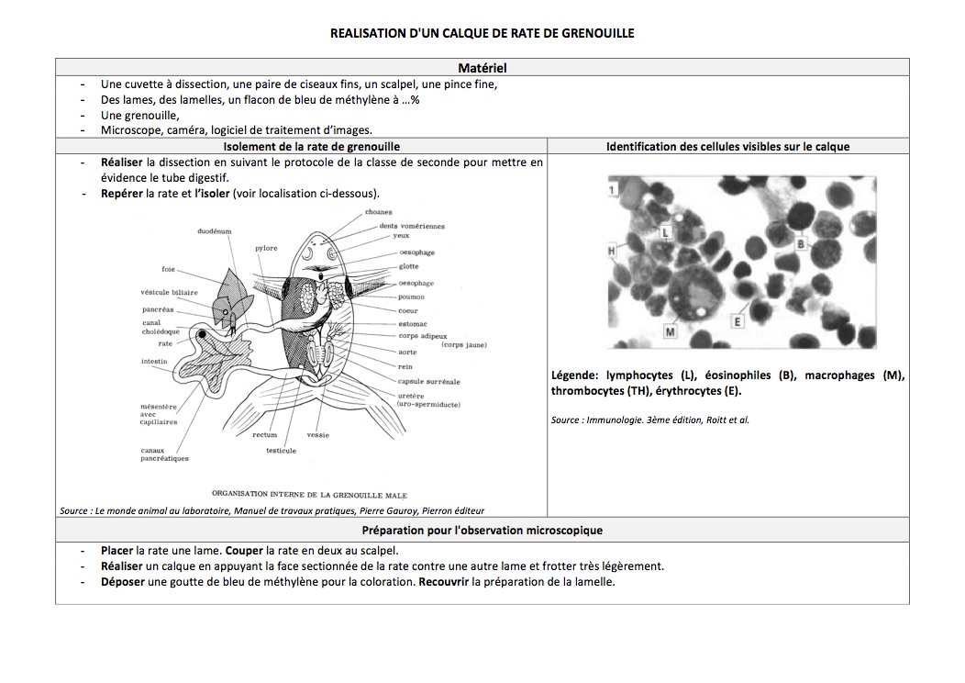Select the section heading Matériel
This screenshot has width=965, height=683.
point(482,67)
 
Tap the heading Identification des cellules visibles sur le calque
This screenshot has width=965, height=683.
point(728,146)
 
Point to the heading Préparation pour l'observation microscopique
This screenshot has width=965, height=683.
point(482,531)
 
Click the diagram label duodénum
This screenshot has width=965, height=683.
point(215,231)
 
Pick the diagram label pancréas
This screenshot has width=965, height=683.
point(158,309)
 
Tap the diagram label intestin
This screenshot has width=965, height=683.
point(154,361)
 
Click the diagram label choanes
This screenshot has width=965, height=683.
point(378,212)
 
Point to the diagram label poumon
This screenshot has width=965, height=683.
point(410,297)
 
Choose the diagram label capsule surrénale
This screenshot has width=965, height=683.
point(428,381)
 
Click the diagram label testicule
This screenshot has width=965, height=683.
point(281,450)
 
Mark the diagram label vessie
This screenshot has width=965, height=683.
point(318,434)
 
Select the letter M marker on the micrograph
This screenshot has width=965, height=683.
point(670,330)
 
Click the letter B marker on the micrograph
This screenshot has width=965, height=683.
point(800,244)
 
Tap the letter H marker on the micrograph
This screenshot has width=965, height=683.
point(612,250)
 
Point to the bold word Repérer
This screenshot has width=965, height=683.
point(123,193)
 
